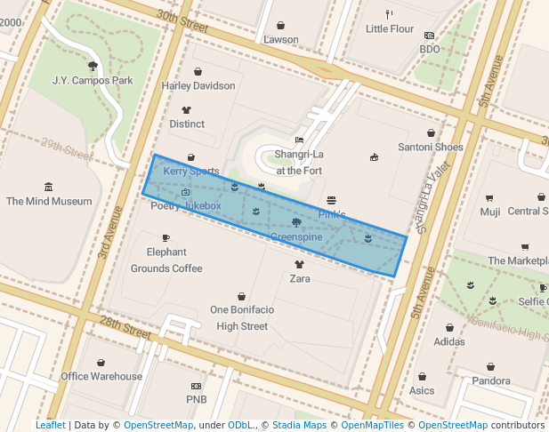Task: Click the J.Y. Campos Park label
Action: click(x=92, y=80)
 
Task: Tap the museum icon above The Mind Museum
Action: click(x=48, y=187)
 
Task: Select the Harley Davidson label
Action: click(x=198, y=86)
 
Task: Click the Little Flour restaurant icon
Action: click(x=389, y=13)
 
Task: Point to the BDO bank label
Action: click(x=430, y=49)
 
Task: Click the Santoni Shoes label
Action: click(x=430, y=147)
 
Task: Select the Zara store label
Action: click(x=300, y=278)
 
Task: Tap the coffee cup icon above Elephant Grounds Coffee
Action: click(x=166, y=237)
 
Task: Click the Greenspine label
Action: click(x=295, y=237)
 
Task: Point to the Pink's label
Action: click(x=331, y=215)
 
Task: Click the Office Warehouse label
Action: click(x=101, y=376)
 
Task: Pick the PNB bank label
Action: click(x=196, y=399)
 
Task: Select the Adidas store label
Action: click(x=448, y=340)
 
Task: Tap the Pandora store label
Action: click(x=491, y=380)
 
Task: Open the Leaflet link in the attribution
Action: click(x=50, y=425)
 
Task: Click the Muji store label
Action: click(x=490, y=212)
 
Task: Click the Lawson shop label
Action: click(x=281, y=39)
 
